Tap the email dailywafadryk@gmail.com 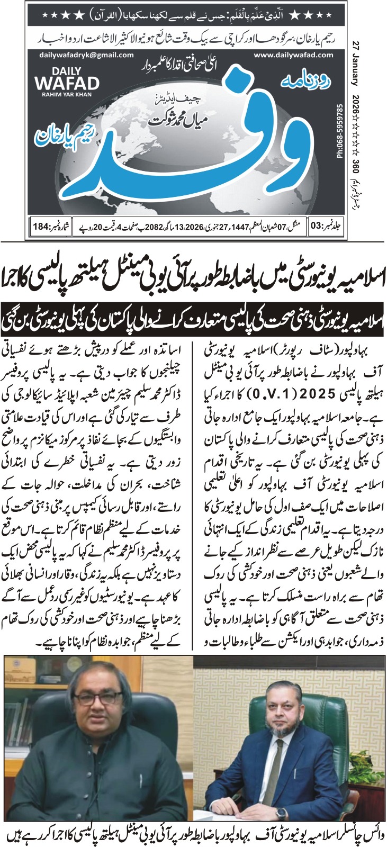pyautogui.click(x=76, y=55)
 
